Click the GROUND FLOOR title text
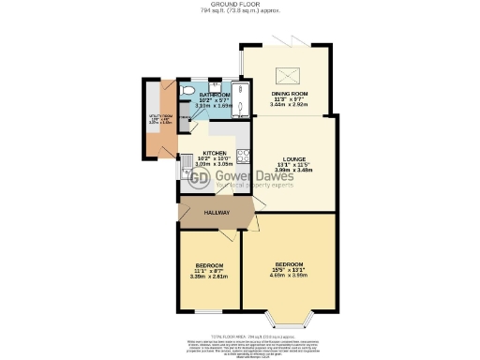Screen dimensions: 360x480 tap(239, 5)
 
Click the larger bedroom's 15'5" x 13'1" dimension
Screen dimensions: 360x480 tap(289, 269)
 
